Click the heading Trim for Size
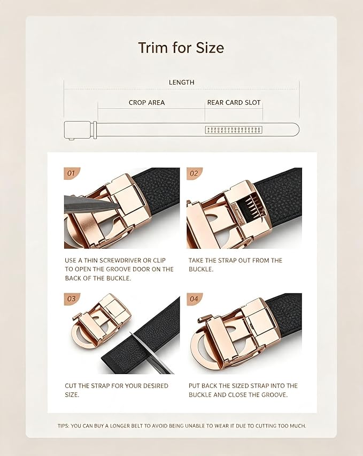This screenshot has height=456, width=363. pyautogui.click(x=181, y=48)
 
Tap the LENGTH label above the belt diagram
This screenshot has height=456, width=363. pyautogui.click(x=182, y=82)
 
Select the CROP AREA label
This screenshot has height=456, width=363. pyautogui.click(x=146, y=103)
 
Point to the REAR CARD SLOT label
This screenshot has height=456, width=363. pyautogui.click(x=234, y=103)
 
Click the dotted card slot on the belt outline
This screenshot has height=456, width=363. pyautogui.click(x=234, y=130)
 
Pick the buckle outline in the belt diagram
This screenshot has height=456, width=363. pyautogui.click(x=79, y=130)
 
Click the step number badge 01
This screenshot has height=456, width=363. pyautogui.click(x=72, y=173)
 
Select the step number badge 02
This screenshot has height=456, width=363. pyautogui.click(x=194, y=173)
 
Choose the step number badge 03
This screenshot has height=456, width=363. pyautogui.click(x=72, y=299)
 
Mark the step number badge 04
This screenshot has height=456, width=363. pyautogui.click(x=194, y=299)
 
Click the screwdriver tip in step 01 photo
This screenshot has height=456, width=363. pyautogui.click(x=119, y=204)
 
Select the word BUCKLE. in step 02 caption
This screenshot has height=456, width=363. pyautogui.click(x=201, y=269)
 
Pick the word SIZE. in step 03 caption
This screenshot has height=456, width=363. pyautogui.click(x=72, y=394)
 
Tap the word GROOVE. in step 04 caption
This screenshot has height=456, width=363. pyautogui.click(x=274, y=394)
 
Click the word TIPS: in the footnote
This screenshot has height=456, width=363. pyautogui.click(x=63, y=425)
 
